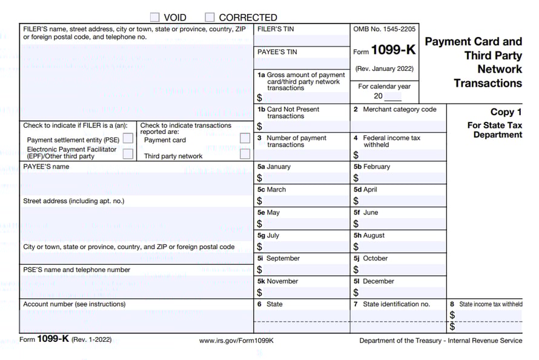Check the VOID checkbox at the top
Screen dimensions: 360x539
(x=155, y=18)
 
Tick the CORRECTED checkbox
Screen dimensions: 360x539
(x=210, y=18)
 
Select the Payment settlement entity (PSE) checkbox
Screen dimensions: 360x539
(x=128, y=139)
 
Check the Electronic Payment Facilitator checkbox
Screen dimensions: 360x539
(x=128, y=153)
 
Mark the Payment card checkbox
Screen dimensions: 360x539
(x=245, y=139)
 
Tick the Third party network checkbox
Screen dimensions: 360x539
(x=245, y=153)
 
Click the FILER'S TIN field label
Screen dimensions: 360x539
(x=276, y=29)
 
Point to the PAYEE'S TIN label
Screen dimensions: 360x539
(x=277, y=52)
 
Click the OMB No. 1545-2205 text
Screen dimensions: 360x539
(x=384, y=29)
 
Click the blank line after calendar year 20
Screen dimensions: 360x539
(x=392, y=97)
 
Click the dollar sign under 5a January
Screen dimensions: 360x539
(x=260, y=178)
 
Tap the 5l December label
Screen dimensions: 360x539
(x=374, y=281)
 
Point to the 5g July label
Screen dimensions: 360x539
(x=270, y=235)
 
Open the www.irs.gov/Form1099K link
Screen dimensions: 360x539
(x=236, y=341)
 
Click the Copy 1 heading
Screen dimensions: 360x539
(x=506, y=112)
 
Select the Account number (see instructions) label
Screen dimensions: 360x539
(x=74, y=304)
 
